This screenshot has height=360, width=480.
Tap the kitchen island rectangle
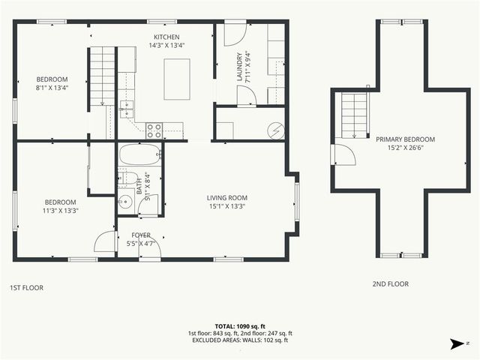tap(177, 79)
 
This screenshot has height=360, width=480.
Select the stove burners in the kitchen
tap(154, 130)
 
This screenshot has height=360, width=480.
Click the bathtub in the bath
tap(140, 156)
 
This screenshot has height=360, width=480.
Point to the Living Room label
tap(226, 202)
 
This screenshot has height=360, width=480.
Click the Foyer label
tap(141, 238)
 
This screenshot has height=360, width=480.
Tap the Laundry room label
tap(240, 66)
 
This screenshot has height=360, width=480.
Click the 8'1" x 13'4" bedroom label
tap(52, 83)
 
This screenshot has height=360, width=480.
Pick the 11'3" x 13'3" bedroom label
tap(60, 206)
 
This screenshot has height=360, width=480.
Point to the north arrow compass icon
tap(455, 343)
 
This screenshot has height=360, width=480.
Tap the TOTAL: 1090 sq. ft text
tap(240, 326)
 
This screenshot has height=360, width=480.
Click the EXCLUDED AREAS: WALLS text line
tap(240, 340)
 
